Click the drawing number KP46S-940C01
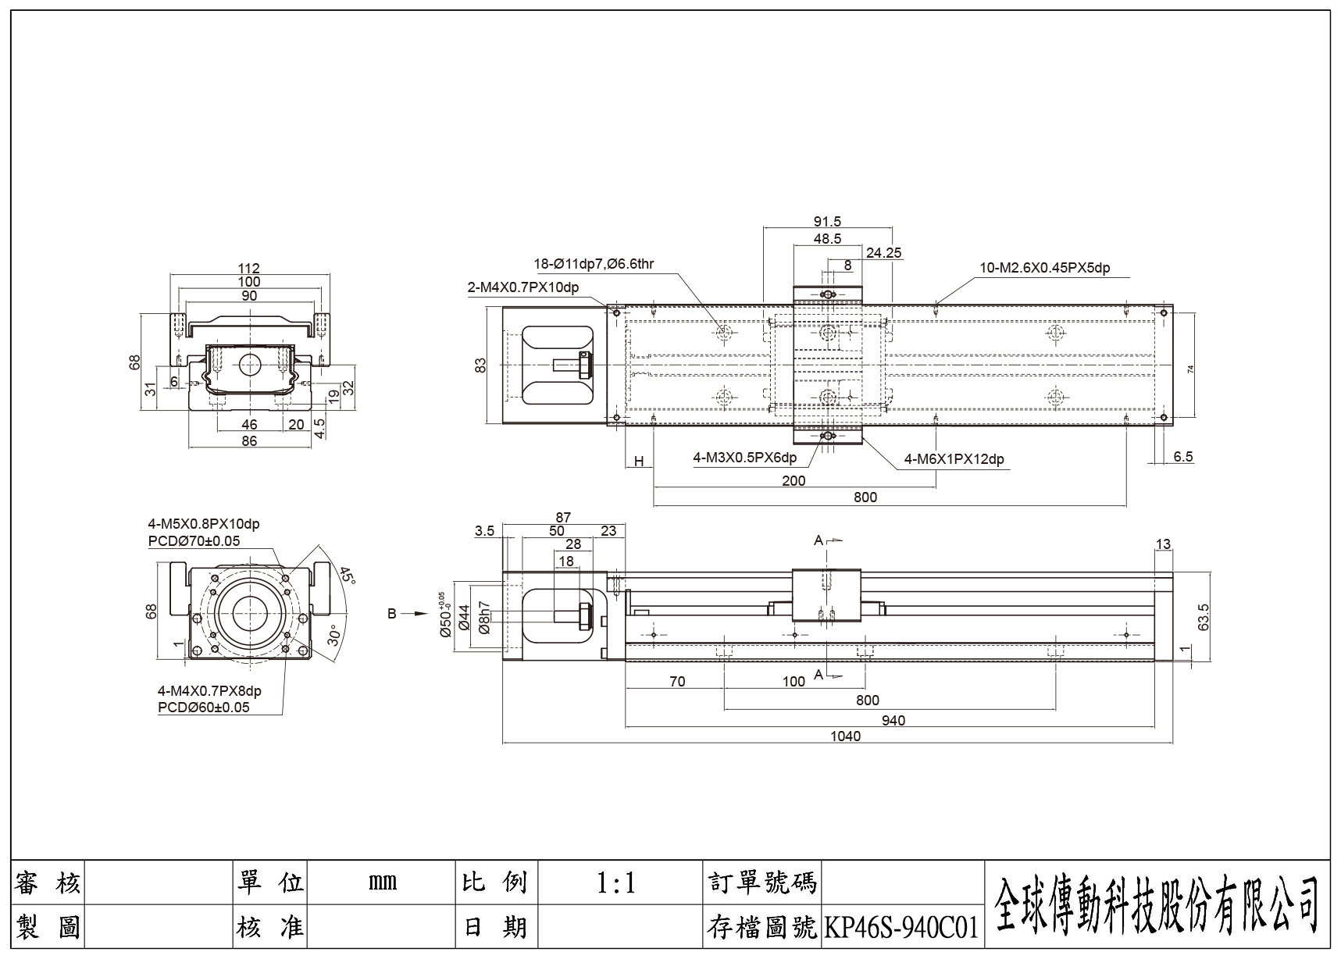[901, 928]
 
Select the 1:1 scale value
[616, 883]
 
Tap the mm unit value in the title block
[382, 882]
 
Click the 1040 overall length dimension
[845, 736]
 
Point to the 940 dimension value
[893, 720]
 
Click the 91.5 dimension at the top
[827, 222]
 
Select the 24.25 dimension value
[884, 252]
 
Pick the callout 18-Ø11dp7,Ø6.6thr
[594, 264]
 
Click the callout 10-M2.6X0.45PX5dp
[1045, 268]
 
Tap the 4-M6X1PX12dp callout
[954, 459]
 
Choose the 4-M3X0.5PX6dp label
[745, 458]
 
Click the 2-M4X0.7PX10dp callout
[523, 287]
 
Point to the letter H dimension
[639, 462]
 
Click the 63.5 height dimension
[1203, 617]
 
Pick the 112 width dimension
[249, 268]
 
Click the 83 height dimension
[481, 365]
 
